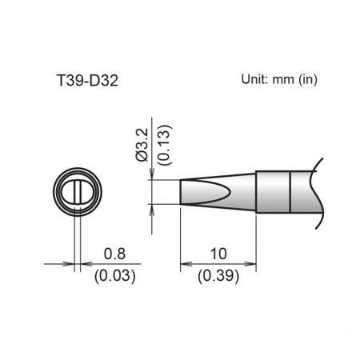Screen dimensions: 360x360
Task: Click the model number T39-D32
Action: tap(87, 80)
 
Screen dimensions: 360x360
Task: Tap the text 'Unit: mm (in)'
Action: tap(279, 79)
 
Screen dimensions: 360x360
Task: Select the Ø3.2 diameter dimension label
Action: tap(142, 145)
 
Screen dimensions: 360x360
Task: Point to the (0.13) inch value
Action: tap(163, 145)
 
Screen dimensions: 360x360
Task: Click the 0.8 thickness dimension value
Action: tap(114, 254)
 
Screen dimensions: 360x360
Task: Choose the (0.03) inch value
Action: tap(115, 276)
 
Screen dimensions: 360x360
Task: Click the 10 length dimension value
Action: tap(218, 254)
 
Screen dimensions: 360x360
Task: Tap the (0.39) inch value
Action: tap(218, 276)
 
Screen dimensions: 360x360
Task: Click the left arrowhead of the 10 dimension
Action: tap(186, 264)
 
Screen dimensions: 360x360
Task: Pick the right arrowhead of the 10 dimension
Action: tap(250, 264)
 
